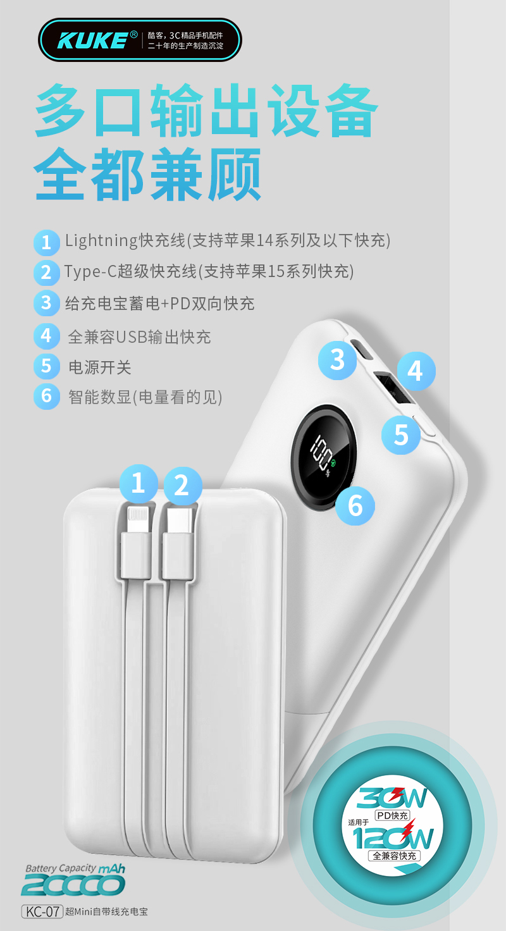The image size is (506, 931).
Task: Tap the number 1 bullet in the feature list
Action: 47,242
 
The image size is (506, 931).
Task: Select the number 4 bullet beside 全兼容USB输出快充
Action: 47,336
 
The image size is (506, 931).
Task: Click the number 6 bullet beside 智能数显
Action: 47,396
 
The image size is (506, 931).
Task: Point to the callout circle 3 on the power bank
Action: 337,360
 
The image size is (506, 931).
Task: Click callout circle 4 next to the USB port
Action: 416,371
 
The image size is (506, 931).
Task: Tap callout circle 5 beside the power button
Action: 401,435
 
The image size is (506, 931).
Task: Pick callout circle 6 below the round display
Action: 355,506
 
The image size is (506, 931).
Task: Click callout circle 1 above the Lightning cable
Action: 139,483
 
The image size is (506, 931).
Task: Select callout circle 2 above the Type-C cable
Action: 183,486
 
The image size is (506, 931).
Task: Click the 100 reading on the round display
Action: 321,452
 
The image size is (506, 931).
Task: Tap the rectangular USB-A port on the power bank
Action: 393,388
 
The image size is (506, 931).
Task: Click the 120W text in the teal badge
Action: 393,837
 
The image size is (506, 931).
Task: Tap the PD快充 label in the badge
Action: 392,816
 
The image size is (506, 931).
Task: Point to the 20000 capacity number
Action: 73,885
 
